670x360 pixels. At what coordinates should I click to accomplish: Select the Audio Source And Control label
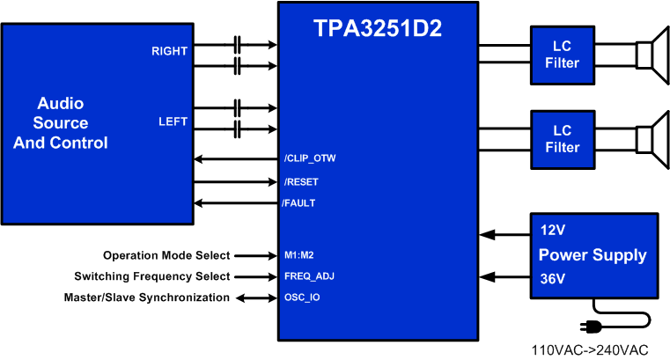pos(61,123)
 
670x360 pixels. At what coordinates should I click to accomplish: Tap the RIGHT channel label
pos(169,51)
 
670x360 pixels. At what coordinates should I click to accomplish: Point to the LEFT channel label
pos(173,121)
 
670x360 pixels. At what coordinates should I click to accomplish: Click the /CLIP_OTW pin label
pos(310,159)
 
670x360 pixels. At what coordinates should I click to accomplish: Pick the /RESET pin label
pos(301,182)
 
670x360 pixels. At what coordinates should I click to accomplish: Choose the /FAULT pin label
pos(299,203)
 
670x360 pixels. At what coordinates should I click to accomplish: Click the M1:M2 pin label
pos(300,255)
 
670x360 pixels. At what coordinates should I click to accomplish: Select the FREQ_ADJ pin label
pos(309,276)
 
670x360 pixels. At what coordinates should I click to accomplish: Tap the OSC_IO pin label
pos(302,298)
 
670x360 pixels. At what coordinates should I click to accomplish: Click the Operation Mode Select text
pos(166,255)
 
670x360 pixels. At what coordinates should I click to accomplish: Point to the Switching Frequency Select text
pos(151,276)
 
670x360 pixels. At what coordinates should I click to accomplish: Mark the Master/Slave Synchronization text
pos(146,298)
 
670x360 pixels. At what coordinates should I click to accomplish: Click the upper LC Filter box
pos(562,55)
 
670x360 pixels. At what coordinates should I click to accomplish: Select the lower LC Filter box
pos(562,139)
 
